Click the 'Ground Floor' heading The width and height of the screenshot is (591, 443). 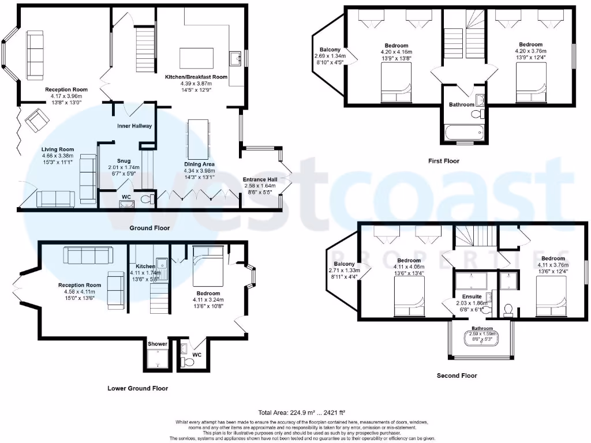coord(149,228)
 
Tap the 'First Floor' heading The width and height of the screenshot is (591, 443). coord(443,161)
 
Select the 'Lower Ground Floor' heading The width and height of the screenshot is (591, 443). coord(138,388)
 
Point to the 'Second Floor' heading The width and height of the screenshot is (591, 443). coord(457,376)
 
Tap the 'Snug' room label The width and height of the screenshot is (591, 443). coord(124,161)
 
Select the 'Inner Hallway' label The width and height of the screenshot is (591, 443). coord(135,126)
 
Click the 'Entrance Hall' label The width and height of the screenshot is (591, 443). coord(260,179)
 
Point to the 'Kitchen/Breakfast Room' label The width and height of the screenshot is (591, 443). coord(196,77)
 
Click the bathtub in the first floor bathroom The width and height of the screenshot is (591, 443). coord(464,134)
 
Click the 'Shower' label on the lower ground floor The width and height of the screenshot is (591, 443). coord(158,344)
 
